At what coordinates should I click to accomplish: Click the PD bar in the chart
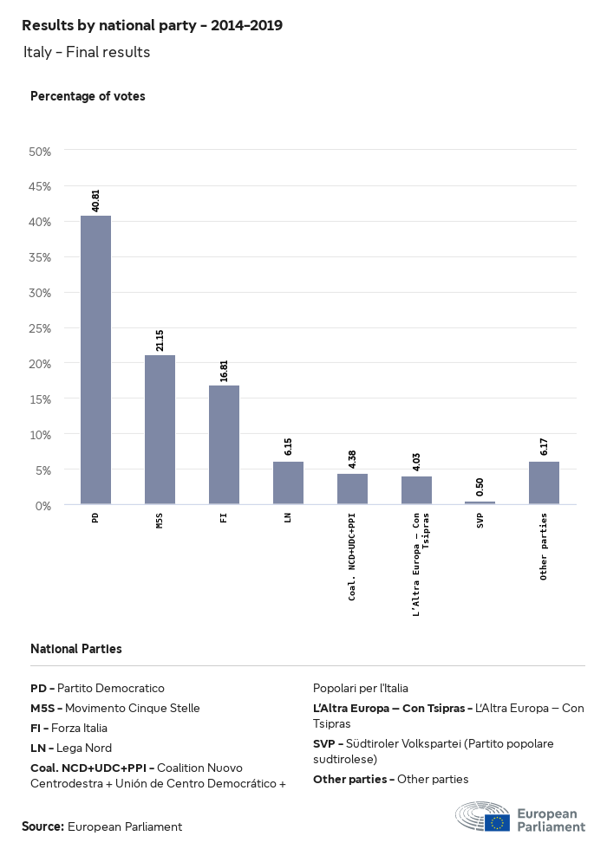pyautogui.click(x=95, y=360)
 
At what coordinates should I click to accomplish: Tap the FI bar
pyautogui.click(x=224, y=444)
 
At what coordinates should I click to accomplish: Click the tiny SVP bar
pyautogui.click(x=480, y=502)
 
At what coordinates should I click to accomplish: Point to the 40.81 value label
pyautogui.click(x=95, y=200)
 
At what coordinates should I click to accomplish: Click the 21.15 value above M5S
pyautogui.click(x=160, y=340)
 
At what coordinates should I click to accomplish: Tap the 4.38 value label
pyautogui.click(x=352, y=458)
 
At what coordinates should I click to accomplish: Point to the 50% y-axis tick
pyautogui.click(x=40, y=152)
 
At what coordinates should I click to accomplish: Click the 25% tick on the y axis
pyautogui.click(x=40, y=328)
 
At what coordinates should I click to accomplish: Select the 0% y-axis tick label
pyautogui.click(x=42, y=505)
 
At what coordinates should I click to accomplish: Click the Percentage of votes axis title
pyautogui.click(x=88, y=96)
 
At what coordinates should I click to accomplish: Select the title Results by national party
pyautogui.click(x=152, y=25)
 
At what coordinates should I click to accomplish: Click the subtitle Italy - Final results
pyautogui.click(x=87, y=52)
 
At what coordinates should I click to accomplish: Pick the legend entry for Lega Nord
pyautogui.click(x=71, y=748)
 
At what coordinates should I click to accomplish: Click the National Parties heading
pyautogui.click(x=76, y=649)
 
